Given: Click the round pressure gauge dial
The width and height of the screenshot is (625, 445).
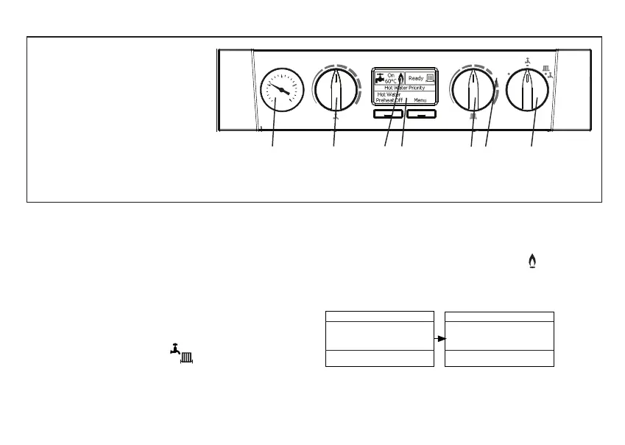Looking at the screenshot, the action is point(280,91).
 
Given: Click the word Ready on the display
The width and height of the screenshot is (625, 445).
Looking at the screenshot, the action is point(416,77).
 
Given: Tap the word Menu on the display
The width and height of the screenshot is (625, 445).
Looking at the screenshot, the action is point(420,99).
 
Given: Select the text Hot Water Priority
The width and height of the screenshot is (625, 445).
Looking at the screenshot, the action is point(404,88).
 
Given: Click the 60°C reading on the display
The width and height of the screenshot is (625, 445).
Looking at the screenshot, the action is point(391,81).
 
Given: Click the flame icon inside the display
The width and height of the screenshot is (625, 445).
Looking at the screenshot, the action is point(401,77).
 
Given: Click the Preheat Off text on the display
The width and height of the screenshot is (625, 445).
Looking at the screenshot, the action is point(389,99).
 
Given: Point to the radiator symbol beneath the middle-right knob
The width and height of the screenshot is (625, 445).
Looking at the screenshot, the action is point(473,117).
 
